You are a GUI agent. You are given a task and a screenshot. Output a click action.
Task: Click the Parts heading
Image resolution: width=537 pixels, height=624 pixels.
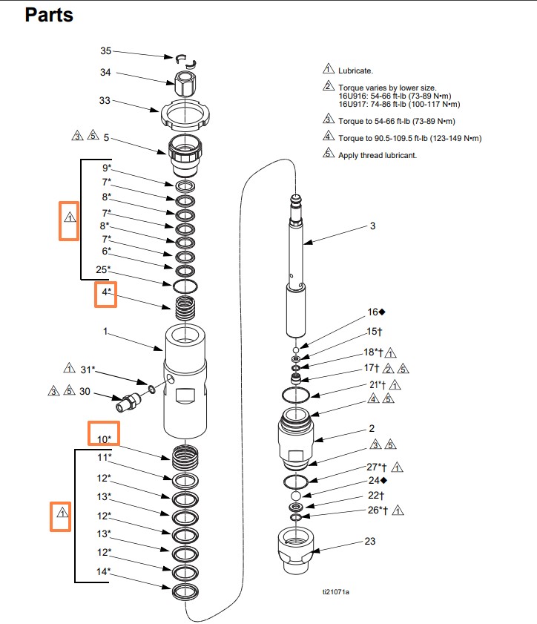pyautogui.click(x=49, y=15)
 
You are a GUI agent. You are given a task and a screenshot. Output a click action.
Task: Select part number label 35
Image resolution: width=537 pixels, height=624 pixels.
pyautogui.click(x=105, y=51)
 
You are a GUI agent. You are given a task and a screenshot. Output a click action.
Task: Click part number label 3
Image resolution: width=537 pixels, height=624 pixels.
pyautogui.click(x=372, y=226)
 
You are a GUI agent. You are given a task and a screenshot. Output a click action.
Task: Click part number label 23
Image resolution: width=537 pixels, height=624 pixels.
pyautogui.click(x=370, y=542)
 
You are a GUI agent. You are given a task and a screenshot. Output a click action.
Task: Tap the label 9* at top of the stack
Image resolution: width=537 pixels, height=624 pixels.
pyautogui.click(x=107, y=168)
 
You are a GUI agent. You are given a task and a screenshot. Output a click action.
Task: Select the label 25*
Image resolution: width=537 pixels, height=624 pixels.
pyautogui.click(x=104, y=269)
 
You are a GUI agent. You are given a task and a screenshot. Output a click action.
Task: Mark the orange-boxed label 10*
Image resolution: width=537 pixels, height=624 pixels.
pyautogui.click(x=103, y=438)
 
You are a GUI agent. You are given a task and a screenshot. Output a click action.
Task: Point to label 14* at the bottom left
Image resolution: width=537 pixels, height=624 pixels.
pyautogui.click(x=104, y=571)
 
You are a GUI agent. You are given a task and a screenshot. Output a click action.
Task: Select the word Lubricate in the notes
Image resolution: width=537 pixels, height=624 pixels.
pyautogui.click(x=355, y=70)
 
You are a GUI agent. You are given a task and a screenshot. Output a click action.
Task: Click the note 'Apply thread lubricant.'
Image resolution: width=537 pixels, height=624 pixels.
pyautogui.click(x=378, y=155)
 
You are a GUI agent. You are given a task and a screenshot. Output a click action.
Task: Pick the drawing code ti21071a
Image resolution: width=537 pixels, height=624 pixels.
pyautogui.click(x=335, y=591)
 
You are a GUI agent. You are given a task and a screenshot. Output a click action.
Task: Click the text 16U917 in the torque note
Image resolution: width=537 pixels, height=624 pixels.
pyautogui.click(x=353, y=104)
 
